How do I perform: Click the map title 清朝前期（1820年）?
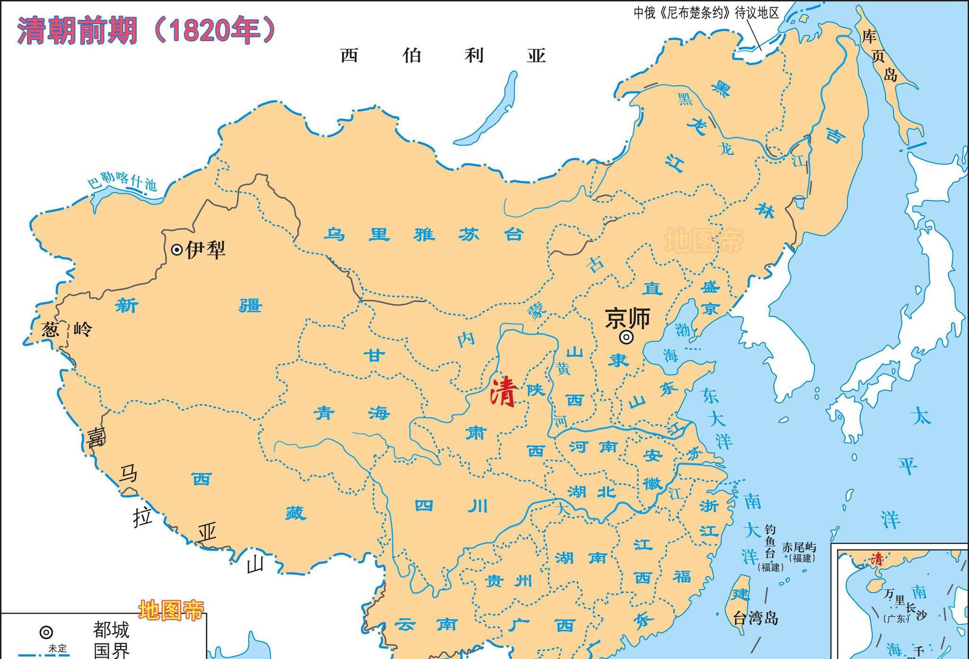(146, 31)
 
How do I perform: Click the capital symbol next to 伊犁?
(176, 249)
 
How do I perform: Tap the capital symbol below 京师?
(626, 337)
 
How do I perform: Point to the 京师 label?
(627, 318)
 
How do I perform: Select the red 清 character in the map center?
(502, 392)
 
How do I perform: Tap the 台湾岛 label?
(755, 618)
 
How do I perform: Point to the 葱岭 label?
(66, 329)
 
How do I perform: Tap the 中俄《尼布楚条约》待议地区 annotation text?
(706, 13)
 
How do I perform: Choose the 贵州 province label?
(510, 581)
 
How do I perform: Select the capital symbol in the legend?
(46, 632)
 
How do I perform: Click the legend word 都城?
(111, 630)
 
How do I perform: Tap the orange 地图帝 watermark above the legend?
(171, 611)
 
